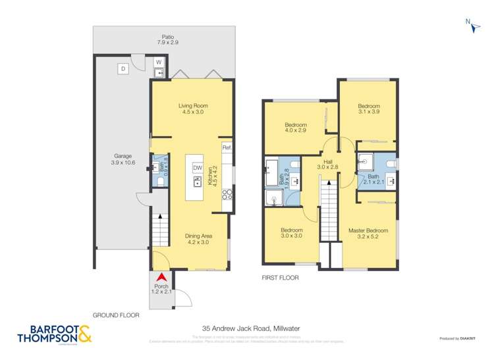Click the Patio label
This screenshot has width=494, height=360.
tap(167, 39)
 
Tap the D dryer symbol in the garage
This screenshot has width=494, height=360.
tap(123, 68)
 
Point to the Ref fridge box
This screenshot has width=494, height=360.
tap(227, 147)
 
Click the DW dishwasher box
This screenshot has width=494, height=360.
tap(197, 168)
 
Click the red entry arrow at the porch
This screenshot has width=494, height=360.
tap(161, 279)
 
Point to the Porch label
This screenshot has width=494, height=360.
tap(161, 290)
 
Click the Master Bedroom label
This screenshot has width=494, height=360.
tap(368, 234)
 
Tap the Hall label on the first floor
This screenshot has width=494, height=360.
tap(327, 165)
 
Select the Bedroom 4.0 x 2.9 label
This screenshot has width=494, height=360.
tap(296, 128)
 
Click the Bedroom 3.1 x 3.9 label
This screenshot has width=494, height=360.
tap(368, 109)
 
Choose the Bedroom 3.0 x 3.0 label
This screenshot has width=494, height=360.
tap(291, 232)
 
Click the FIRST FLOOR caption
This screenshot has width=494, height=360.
tap(280, 278)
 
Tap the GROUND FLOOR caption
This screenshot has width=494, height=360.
tap(116, 315)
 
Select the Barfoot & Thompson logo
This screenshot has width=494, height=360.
tap(50, 334)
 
